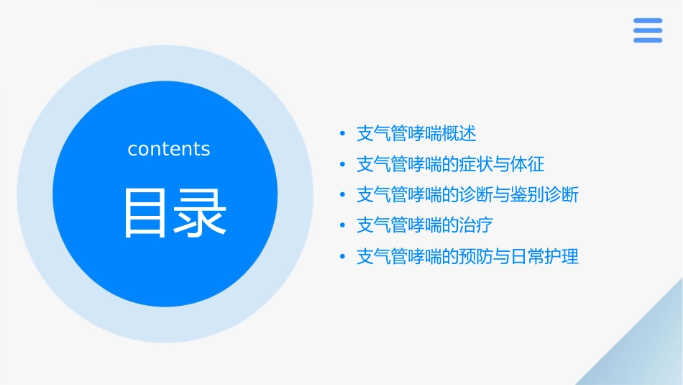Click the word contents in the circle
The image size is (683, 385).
tap(169, 149)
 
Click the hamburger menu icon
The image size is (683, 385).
tap(647, 30)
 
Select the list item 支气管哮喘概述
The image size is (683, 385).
tap(416, 134)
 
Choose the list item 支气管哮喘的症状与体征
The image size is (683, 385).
tap(450, 165)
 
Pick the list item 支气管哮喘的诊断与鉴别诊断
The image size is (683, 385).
tap(467, 195)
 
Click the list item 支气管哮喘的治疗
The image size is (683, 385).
tap(424, 226)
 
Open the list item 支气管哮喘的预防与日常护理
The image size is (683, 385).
tap(467, 257)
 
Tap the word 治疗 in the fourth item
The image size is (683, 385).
tap(477, 226)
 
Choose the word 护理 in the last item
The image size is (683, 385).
tap(562, 257)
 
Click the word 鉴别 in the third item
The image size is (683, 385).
tap(528, 195)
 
